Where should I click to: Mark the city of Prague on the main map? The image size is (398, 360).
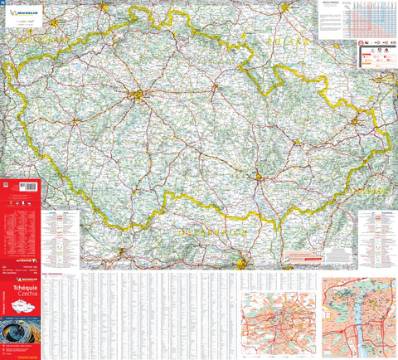tap(137, 96)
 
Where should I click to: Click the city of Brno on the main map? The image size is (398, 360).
tap(259, 175)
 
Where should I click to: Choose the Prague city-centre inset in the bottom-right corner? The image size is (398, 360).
tap(359, 316)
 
